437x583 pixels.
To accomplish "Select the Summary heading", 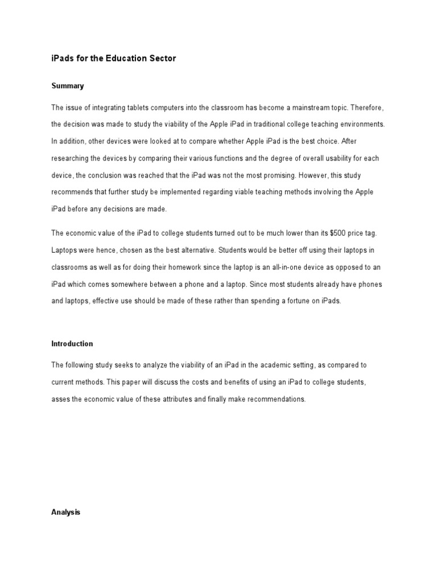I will (68, 86).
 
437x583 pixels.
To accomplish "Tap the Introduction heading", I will (72, 344).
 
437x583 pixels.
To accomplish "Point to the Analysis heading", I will (66, 512).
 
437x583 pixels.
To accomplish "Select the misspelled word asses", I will (61, 399).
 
